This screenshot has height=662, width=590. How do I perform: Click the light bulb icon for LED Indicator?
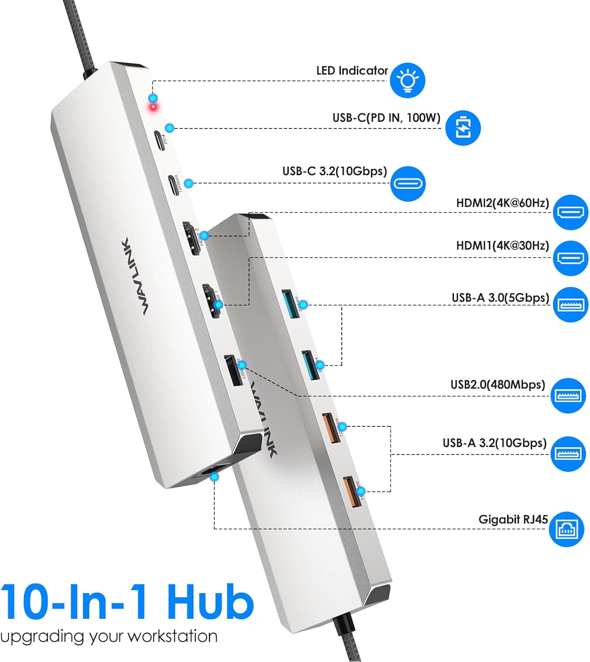click(407, 80)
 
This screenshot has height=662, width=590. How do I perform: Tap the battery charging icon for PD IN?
click(462, 128)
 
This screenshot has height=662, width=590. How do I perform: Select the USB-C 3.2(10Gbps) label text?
click(334, 171)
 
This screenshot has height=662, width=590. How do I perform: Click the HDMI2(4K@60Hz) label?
click(502, 203)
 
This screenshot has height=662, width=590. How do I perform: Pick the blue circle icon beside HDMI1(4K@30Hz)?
click(571, 258)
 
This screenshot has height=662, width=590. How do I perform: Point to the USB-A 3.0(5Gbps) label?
click(500, 298)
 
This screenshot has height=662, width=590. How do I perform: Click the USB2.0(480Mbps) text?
click(498, 384)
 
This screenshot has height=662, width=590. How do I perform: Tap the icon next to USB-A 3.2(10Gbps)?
click(568, 454)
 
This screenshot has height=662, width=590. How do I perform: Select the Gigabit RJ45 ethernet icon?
click(566, 529)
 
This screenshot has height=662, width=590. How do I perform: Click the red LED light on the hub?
click(153, 108)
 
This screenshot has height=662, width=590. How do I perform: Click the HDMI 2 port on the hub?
click(193, 238)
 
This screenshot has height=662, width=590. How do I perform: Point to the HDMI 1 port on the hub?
click(211, 301)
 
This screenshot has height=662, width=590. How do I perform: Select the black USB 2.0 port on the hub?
click(233, 371)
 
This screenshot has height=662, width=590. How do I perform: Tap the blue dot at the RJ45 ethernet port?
click(215, 477)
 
